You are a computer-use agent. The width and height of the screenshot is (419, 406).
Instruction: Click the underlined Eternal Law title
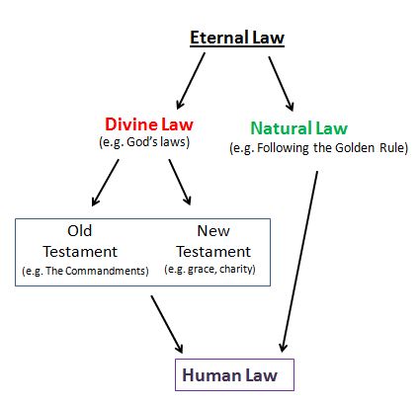(237, 38)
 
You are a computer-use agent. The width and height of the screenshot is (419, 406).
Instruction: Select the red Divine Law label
(149, 124)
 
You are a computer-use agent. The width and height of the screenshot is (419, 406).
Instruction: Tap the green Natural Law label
(299, 128)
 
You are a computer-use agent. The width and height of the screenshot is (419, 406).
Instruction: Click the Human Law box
(234, 374)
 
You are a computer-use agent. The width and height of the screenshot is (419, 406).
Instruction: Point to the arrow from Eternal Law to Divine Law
(191, 81)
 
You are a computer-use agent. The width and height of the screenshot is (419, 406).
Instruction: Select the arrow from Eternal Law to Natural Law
(281, 84)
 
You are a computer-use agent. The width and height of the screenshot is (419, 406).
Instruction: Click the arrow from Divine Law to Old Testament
(105, 183)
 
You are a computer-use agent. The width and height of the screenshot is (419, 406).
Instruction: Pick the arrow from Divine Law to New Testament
(180, 182)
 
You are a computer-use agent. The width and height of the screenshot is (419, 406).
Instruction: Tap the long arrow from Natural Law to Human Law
(298, 262)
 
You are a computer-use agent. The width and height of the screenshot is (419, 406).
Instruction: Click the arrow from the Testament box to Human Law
(167, 324)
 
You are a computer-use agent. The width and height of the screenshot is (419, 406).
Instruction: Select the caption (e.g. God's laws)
(144, 142)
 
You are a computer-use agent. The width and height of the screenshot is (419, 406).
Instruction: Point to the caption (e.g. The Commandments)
(85, 271)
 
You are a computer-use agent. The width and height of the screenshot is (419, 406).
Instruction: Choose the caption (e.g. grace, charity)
(209, 270)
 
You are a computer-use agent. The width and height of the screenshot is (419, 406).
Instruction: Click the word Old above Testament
(80, 231)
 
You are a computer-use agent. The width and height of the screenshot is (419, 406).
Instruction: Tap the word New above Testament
(213, 231)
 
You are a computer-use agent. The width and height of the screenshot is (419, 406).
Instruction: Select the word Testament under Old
(80, 252)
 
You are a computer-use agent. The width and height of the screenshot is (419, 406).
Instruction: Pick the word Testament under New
(213, 252)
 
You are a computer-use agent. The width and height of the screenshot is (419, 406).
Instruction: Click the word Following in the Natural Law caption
(283, 148)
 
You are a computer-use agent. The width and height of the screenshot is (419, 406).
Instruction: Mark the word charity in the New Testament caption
(236, 270)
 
